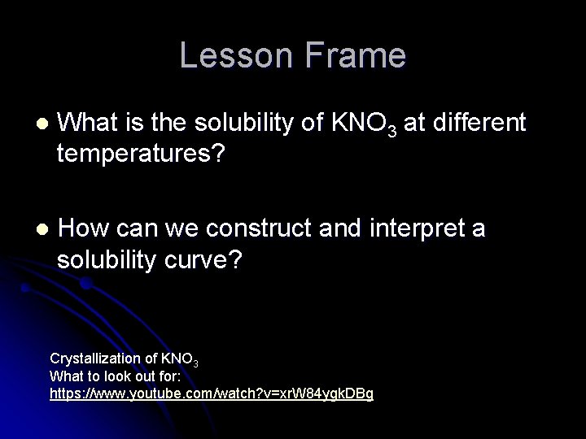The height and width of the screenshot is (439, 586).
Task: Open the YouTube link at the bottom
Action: coord(212,393)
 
